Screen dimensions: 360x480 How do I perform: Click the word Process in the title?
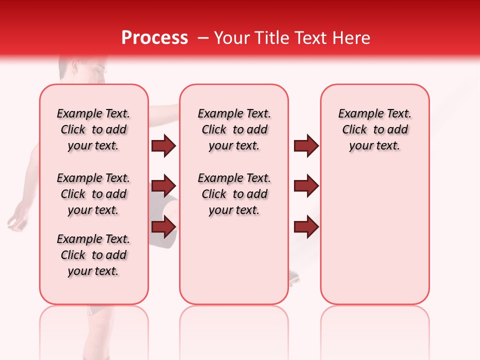(154, 38)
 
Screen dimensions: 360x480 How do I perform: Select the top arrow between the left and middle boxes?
(163, 146)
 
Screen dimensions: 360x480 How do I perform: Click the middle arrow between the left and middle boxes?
(163, 186)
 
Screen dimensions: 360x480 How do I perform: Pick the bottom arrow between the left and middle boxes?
(163, 226)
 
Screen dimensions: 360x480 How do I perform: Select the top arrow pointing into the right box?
(306, 146)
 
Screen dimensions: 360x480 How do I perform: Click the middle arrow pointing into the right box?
(306, 186)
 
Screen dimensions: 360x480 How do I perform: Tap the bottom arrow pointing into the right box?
(306, 226)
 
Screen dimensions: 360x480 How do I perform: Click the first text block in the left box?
(93, 129)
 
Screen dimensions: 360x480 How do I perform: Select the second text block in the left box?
(93, 194)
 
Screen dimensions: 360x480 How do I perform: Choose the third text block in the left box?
(93, 255)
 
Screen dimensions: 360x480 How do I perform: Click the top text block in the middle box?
(234, 129)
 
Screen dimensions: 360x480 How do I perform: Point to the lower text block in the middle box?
(234, 194)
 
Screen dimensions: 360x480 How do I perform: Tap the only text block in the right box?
(374, 129)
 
